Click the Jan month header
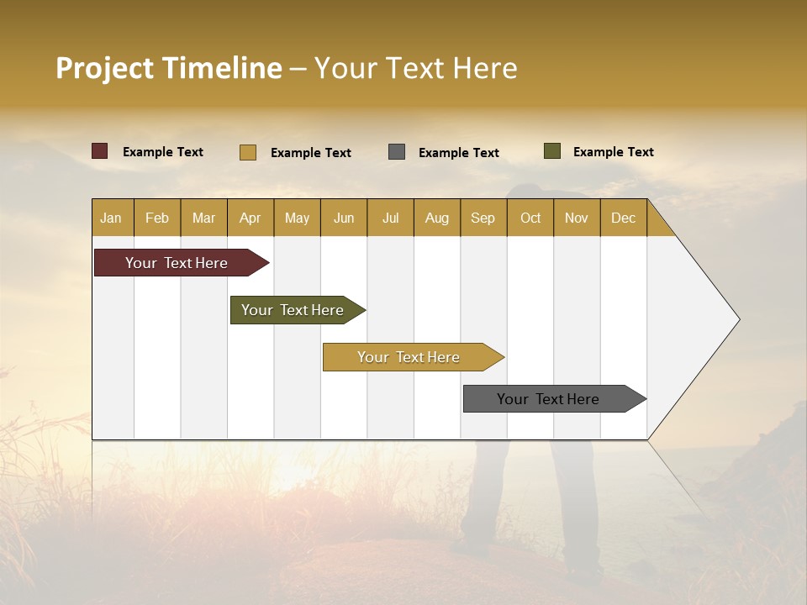[x=111, y=218]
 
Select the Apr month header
[x=250, y=218]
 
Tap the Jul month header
[x=390, y=218]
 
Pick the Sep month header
[x=483, y=218]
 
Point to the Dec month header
[x=623, y=218]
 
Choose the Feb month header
[x=157, y=218]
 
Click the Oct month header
[x=530, y=218]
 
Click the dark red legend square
[x=100, y=151]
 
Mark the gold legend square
[x=248, y=152]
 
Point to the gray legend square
[x=397, y=152]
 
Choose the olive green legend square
[x=552, y=151]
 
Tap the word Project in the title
[x=103, y=68]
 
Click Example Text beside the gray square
[x=459, y=153]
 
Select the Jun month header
[x=344, y=218]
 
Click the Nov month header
[x=577, y=218]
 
